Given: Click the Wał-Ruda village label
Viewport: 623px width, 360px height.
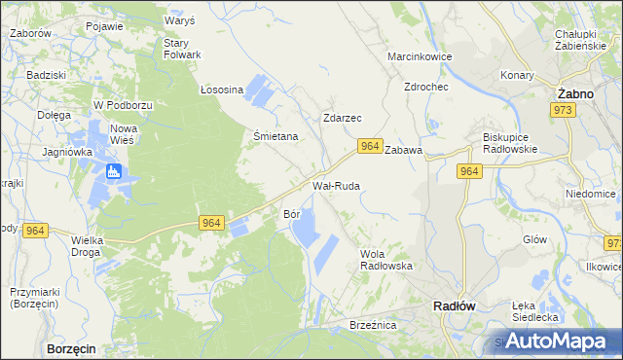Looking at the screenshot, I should click(x=336, y=184).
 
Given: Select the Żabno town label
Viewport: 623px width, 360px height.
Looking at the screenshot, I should click(x=576, y=93).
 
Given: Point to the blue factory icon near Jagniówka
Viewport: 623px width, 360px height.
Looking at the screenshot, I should click(x=114, y=173).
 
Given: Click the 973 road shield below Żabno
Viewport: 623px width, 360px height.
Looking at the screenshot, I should click(x=567, y=111).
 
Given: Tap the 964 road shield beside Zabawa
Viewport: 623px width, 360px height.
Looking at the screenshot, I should click(x=368, y=146).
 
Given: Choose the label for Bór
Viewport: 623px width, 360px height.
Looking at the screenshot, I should click(x=291, y=213).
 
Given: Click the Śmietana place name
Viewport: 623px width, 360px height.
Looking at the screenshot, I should click(x=275, y=137).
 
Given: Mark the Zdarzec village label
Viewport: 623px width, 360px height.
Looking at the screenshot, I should click(x=342, y=118).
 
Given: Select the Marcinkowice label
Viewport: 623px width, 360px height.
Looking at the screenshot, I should click(x=420, y=56).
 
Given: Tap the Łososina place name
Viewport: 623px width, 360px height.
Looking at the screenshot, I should click(x=221, y=90).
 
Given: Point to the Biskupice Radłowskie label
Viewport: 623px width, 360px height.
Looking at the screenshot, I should click(x=510, y=143).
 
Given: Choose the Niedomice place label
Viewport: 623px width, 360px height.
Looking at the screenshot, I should click(x=591, y=194).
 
